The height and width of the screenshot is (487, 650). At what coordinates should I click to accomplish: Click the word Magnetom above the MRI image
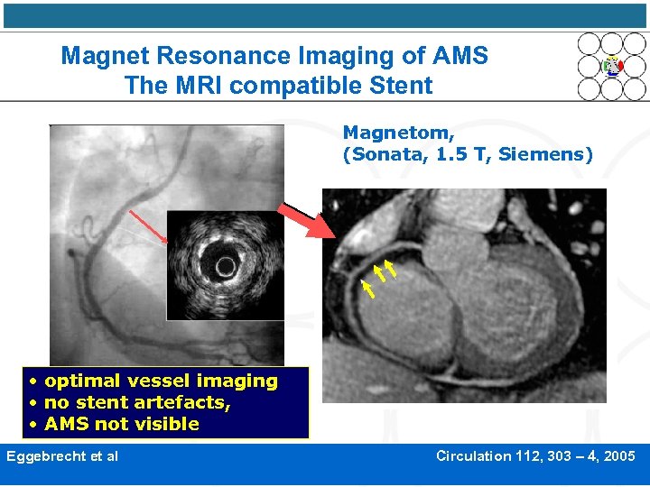(x=391, y=133)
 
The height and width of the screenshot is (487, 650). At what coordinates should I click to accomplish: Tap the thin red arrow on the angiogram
(x=149, y=226)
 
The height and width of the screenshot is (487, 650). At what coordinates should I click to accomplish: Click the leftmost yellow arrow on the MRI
(x=367, y=289)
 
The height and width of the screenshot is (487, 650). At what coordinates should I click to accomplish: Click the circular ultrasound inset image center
(x=225, y=265)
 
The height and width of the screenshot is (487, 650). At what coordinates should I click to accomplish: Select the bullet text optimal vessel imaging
(x=161, y=381)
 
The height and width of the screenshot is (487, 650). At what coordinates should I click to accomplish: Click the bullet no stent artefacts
(x=137, y=402)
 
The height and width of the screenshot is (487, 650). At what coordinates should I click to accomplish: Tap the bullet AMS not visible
(x=122, y=424)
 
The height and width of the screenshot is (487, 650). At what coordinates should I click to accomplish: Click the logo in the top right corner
(x=612, y=66)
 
